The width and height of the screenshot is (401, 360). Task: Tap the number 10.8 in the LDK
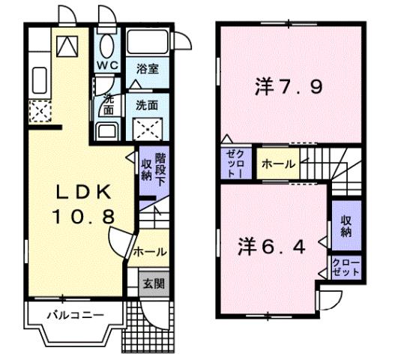(x=82, y=218)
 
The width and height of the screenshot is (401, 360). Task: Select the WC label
(x=108, y=66)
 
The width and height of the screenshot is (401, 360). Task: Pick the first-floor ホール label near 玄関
(x=151, y=253)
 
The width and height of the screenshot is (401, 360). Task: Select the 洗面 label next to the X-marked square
(x=146, y=106)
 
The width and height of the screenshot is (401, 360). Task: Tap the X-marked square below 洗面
(x=146, y=128)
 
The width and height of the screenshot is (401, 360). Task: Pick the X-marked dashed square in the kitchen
(x=39, y=112)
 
